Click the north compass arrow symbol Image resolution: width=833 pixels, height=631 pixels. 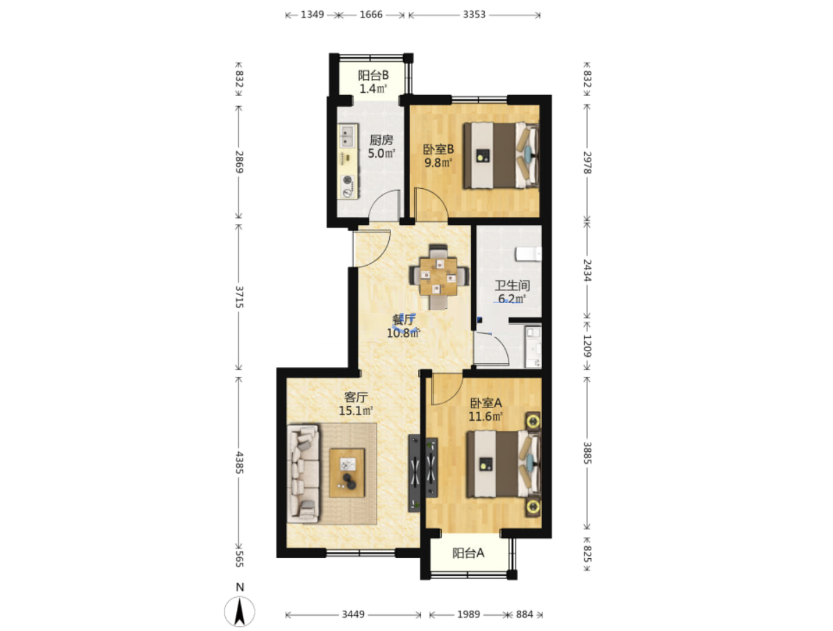click(240, 612)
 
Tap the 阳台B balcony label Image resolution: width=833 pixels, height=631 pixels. click(373, 76)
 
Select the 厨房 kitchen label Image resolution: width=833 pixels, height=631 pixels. click(381, 140)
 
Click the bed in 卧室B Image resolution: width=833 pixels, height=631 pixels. click(501, 155)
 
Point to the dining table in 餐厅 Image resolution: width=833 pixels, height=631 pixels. click(438, 276)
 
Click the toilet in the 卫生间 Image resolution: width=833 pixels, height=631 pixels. click(528, 253)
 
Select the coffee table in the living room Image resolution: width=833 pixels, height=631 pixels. click(347, 473)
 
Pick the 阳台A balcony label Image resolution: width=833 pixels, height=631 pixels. click(468, 553)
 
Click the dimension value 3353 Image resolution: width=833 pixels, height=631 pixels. click(474, 15)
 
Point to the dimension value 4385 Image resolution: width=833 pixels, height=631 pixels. click(240, 462)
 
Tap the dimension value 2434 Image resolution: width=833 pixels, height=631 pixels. click(587, 270)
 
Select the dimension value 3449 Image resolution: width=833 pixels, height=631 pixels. click(353, 614)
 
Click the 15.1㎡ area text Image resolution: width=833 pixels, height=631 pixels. click(356, 411)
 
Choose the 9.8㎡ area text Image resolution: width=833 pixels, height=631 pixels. click(438, 163)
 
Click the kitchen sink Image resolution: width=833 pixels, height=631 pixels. click(347, 136)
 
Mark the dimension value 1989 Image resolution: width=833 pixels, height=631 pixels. click(468, 614)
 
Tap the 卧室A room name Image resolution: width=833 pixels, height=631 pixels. click(486, 403)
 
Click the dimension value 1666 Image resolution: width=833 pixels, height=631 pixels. click(371, 15)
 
